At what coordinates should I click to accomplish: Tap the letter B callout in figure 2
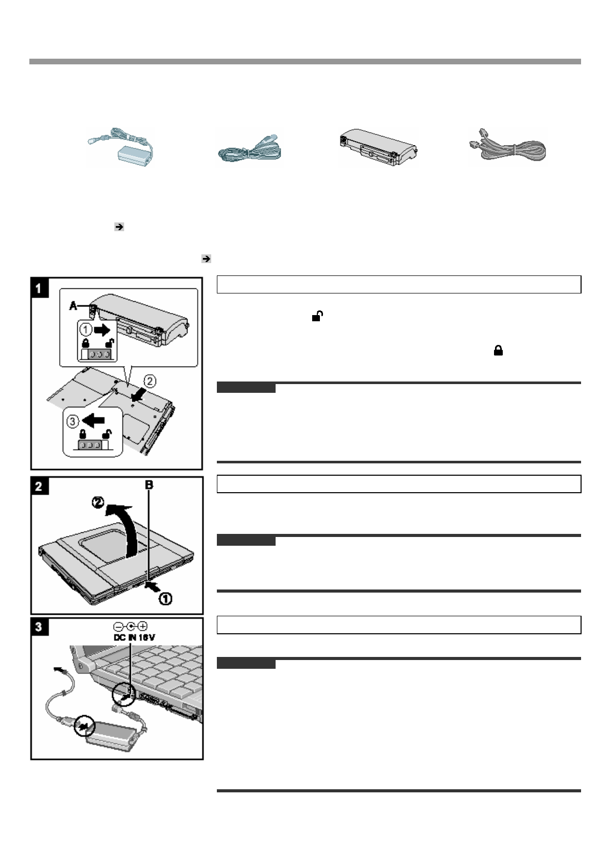149,484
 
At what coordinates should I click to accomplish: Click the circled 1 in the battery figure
85,330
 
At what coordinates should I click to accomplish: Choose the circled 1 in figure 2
164,598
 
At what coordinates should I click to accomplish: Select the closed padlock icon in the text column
498,351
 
